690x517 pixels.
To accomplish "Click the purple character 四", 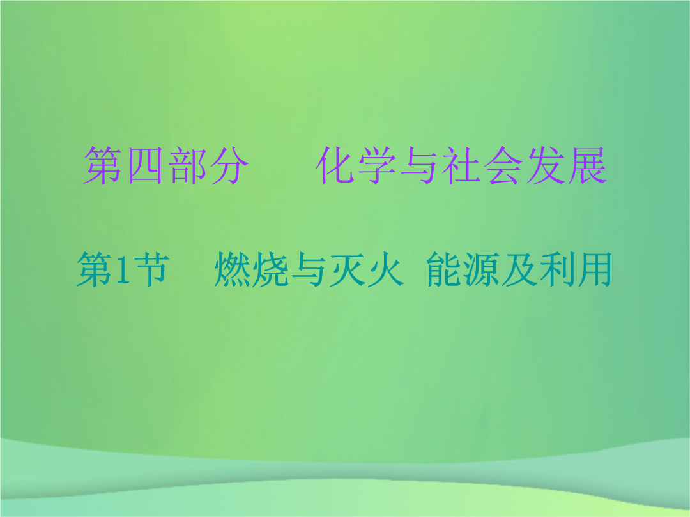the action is (x=146, y=165).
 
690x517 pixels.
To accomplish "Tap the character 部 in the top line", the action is (x=187, y=165).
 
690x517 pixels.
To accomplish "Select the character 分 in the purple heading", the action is (x=229, y=165).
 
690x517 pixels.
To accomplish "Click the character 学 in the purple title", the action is (x=376, y=165).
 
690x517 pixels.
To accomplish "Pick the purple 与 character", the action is (x=418, y=165).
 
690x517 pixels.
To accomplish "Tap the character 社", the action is (x=460, y=165).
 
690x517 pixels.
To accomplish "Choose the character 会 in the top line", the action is (x=503, y=165).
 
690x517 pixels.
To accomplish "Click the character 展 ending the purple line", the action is (x=588, y=165).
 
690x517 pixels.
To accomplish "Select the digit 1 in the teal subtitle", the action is (x=122, y=269).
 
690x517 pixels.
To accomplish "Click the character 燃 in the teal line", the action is (x=233, y=269).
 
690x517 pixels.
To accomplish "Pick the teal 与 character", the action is (x=308, y=269).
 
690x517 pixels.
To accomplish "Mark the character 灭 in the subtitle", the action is (x=346, y=269).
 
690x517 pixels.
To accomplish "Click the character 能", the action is (x=445, y=269).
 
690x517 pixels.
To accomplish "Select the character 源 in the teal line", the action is (x=482, y=269).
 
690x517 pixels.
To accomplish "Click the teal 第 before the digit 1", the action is (x=95, y=269).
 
